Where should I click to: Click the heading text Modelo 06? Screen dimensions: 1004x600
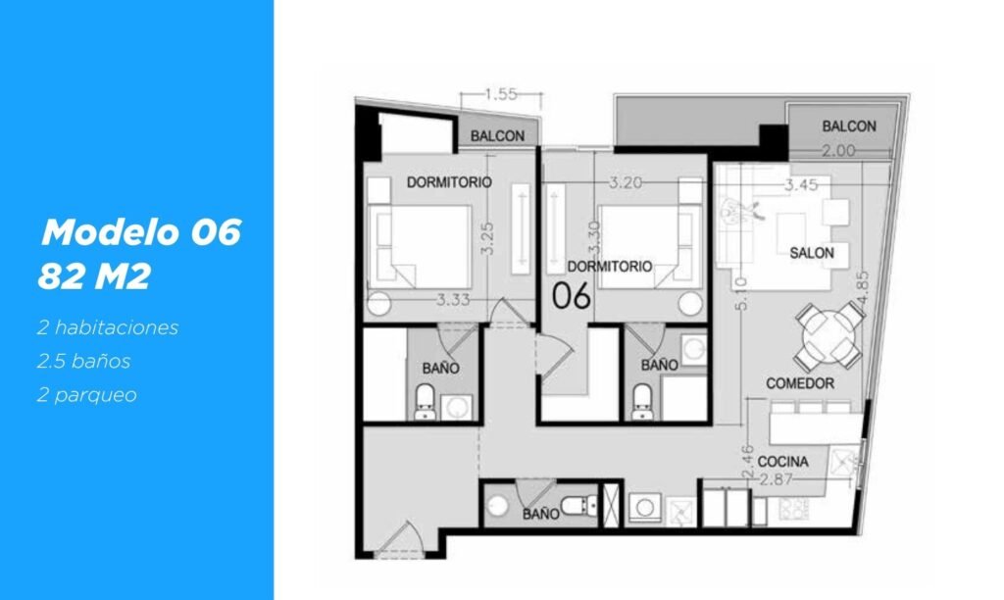[141, 231]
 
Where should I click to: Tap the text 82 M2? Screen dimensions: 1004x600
[94, 276]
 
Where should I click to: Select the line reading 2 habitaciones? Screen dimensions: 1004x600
[108, 327]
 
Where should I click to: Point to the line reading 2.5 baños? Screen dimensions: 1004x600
[84, 361]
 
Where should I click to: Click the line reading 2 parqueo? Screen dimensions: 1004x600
[87, 395]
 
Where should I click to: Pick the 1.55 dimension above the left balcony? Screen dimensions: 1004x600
[501, 95]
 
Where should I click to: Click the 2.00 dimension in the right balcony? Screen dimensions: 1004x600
[838, 150]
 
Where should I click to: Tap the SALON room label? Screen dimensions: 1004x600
[811, 253]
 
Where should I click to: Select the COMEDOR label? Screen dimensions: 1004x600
[800, 383]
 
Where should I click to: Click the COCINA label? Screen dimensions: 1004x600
[782, 462]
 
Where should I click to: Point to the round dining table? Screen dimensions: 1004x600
[829, 336]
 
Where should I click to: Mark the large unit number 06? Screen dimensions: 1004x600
[572, 296]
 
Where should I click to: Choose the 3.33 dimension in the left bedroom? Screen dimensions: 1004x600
[453, 299]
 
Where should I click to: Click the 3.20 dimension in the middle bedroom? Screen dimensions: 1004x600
[625, 182]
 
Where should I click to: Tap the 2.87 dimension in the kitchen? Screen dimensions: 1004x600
[776, 479]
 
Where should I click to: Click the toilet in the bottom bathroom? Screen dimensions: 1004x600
[578, 506]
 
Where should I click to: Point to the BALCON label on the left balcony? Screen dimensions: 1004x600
[497, 135]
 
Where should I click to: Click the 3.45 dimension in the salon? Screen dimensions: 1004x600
[802, 185]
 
